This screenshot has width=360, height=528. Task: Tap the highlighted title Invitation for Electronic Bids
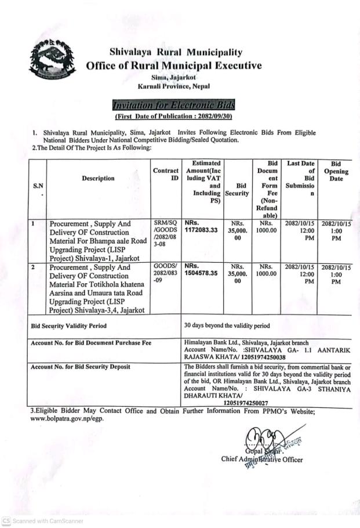pos(174,105)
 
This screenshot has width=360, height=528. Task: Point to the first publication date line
pos(173,115)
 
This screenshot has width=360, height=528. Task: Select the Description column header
pos(98,178)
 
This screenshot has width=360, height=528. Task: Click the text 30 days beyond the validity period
pos(226,326)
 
